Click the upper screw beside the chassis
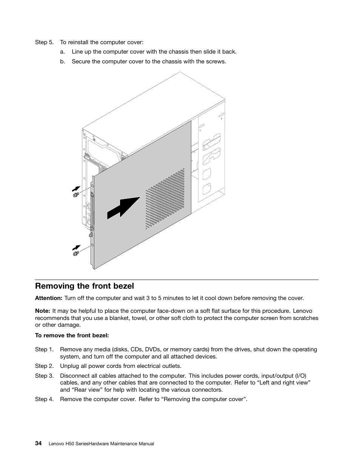75,195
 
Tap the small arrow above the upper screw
76,188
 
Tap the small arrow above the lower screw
77,248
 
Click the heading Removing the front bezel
84,286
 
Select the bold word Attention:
48,298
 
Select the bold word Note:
42,311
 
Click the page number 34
38,443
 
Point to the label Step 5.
44,42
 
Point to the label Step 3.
44,376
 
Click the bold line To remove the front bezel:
72,335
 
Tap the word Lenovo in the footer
57,444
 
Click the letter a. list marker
62,52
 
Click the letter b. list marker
62,61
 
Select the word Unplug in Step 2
69,366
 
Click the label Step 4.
44,399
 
